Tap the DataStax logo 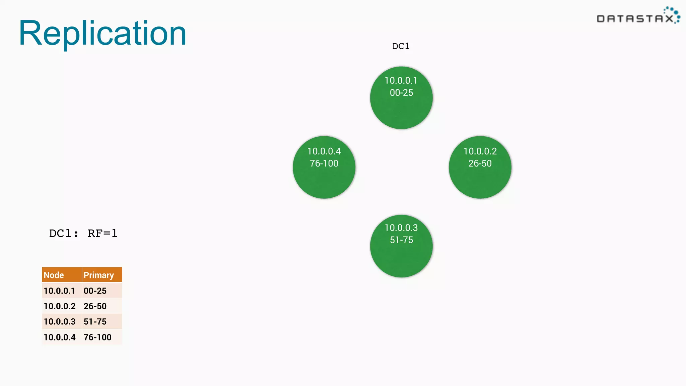(x=638, y=16)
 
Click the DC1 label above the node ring (x=401, y=46)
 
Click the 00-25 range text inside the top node (x=401, y=93)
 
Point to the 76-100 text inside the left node (x=324, y=164)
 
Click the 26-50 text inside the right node (x=480, y=164)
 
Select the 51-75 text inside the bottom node (x=401, y=240)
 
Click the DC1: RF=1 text (x=83, y=233)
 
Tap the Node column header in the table (x=54, y=275)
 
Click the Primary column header (x=98, y=275)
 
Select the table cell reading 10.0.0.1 (x=59, y=291)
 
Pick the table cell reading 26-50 (x=95, y=306)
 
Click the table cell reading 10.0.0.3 (x=60, y=322)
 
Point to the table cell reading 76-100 (x=97, y=337)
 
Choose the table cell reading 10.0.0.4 (x=60, y=337)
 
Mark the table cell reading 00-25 (x=95, y=291)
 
